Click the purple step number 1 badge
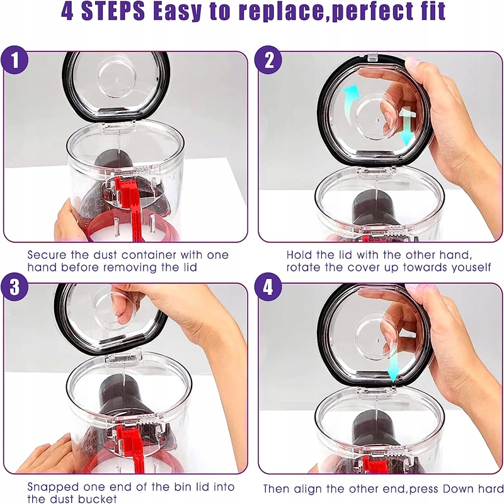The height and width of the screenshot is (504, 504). [x=14, y=60]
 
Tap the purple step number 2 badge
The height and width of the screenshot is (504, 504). [x=268, y=60]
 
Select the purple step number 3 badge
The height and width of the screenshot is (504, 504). [x=14, y=287]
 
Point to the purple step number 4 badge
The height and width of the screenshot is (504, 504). [x=268, y=287]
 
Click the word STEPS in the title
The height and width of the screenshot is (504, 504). [x=113, y=11]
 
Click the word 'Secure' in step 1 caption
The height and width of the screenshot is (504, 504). [x=47, y=255]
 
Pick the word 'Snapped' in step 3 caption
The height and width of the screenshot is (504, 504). [x=53, y=487]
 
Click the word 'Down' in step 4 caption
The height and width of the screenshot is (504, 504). [x=457, y=489]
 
